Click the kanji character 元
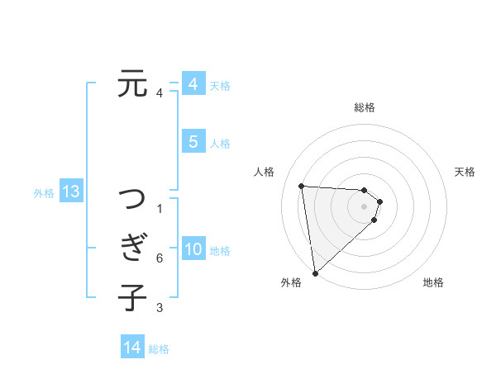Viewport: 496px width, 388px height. coord(132,84)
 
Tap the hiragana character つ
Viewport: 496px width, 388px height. coord(132,201)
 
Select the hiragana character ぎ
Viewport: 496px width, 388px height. coord(132,248)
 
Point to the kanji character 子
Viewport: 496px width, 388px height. coord(132,297)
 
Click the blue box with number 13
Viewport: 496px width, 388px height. coord(70,192)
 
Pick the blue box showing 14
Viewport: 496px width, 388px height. coord(132,348)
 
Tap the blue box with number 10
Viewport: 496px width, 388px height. coord(193,250)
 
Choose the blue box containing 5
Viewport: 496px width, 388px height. coord(193,142)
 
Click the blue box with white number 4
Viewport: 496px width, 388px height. coord(193,84)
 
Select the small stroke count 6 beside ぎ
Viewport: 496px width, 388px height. coord(159,258)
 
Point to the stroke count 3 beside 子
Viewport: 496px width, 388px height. coord(159,308)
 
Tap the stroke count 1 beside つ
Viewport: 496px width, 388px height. coord(159,208)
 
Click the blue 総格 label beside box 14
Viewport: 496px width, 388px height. coord(159,349)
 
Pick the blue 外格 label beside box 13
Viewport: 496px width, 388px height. coord(44,193)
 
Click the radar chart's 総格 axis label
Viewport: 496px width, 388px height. coord(365,107)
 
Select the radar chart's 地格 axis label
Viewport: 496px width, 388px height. coord(433,282)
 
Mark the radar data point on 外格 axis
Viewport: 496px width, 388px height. coord(315,272)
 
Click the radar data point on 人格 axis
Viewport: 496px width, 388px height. coord(302,186)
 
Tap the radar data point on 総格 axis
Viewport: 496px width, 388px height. coord(365,191)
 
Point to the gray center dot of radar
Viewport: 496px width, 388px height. coord(365,216)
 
